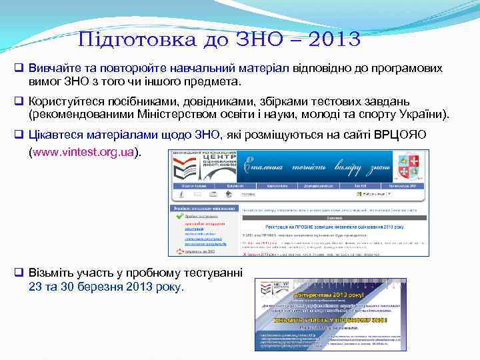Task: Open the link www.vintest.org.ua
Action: pos(83,152)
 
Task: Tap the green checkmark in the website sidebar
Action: pos(178,216)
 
